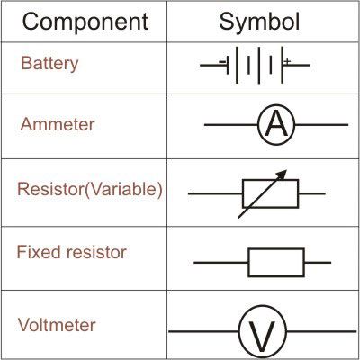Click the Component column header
(x=85, y=22)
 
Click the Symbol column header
(x=259, y=22)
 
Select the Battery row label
(x=49, y=64)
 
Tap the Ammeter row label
(x=58, y=124)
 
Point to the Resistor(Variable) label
(x=90, y=190)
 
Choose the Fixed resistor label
(x=71, y=252)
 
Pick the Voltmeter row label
(x=57, y=325)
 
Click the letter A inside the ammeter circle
(x=276, y=125)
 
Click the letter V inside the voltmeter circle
(x=262, y=337)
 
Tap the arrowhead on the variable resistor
(x=282, y=175)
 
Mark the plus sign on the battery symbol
(x=287, y=61)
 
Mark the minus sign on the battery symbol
(x=222, y=62)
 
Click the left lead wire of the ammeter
(x=231, y=124)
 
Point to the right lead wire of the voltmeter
(x=321, y=331)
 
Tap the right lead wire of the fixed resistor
(x=318, y=263)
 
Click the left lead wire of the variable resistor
(x=215, y=193)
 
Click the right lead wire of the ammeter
(x=321, y=124)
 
